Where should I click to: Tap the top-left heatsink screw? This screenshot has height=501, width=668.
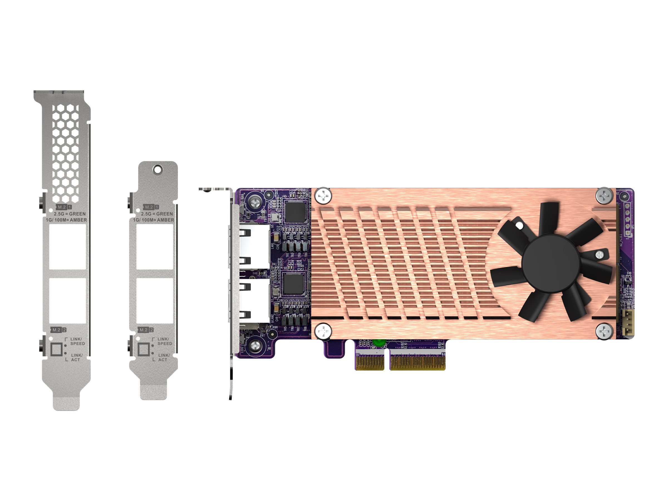tap(323, 196)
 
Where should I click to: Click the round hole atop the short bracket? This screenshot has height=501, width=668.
tap(157, 170)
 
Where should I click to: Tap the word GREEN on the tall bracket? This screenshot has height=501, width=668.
tap(77, 214)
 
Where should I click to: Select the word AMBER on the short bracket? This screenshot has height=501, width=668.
tap(166, 220)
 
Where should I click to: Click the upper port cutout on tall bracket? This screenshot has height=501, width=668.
tap(68, 247)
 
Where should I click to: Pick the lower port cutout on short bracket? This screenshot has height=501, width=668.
tap(155, 301)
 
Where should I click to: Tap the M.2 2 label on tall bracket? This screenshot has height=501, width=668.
tap(58, 330)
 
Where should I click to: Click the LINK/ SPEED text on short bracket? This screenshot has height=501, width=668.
tap(164, 341)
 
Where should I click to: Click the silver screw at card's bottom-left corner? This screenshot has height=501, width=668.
tap(256, 345)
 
